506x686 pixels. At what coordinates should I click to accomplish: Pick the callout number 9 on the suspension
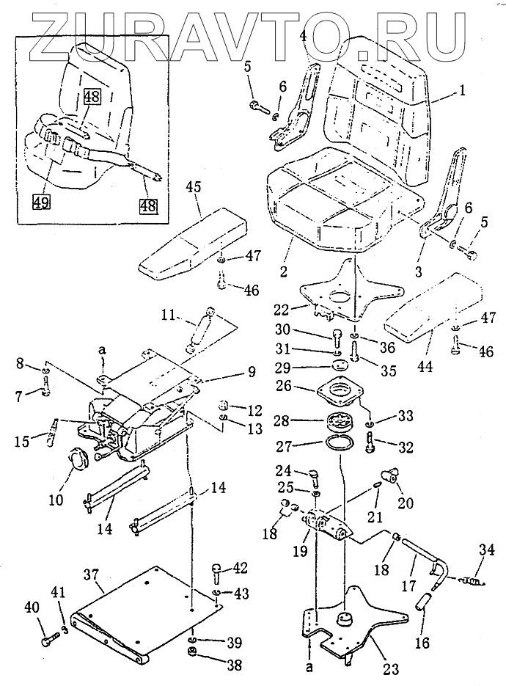(x=251, y=372)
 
